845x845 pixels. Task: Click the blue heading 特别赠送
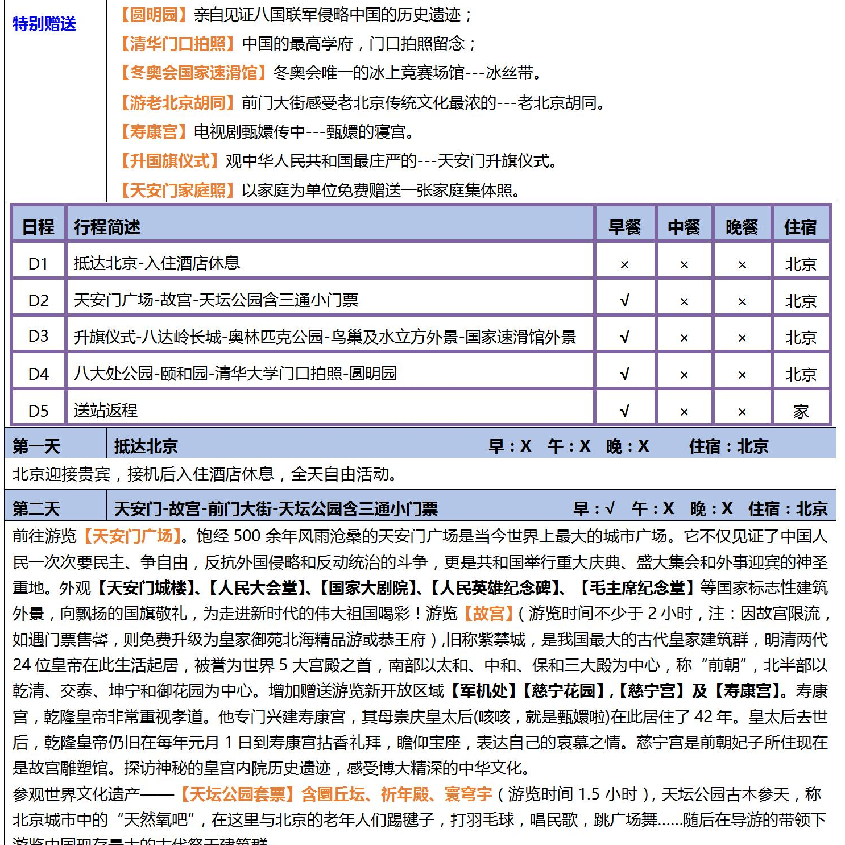click(44, 24)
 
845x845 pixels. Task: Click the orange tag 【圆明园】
click(154, 15)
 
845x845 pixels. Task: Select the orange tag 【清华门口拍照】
click(177, 44)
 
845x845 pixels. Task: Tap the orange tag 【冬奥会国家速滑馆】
click(193, 73)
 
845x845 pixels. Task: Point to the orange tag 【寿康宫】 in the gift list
click(154, 132)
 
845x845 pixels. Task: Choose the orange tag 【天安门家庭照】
click(177, 190)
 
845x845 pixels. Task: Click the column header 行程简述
click(107, 227)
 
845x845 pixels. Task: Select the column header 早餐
click(624, 227)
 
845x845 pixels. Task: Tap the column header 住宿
click(800, 227)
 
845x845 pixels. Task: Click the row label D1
click(38, 263)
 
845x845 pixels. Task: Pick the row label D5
click(38, 411)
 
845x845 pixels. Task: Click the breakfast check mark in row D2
click(624, 300)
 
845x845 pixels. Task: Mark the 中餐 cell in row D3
click(684, 338)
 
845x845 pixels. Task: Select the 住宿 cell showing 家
click(800, 411)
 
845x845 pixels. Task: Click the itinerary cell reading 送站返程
click(106, 410)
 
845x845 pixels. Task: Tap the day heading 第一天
click(36, 446)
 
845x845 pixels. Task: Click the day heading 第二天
click(36, 508)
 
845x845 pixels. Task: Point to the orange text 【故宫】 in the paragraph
click(488, 614)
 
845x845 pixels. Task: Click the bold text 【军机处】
click(484, 691)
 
